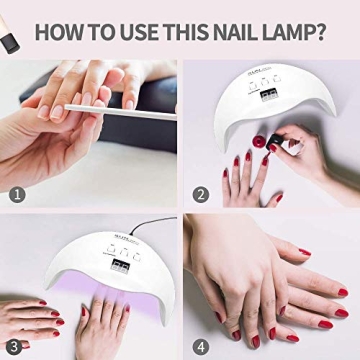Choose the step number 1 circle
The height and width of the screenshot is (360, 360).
pyautogui.click(x=17, y=194)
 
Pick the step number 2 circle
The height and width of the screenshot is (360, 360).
pyautogui.click(x=201, y=194)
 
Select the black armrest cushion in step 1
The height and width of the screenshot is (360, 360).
pyautogui.click(x=60, y=80)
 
